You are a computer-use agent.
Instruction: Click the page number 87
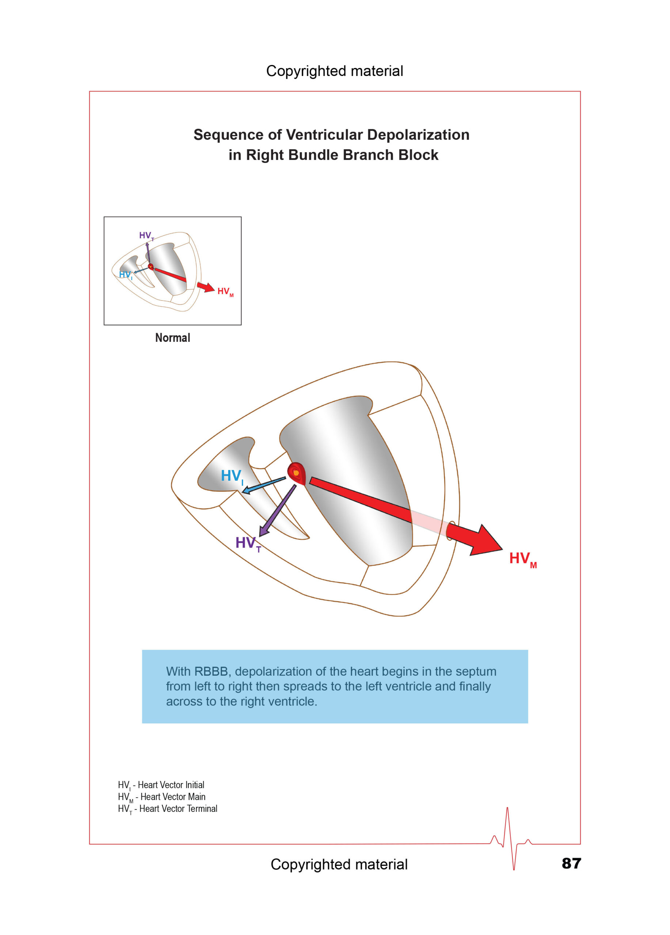(571, 863)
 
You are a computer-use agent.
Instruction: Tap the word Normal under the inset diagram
(172, 337)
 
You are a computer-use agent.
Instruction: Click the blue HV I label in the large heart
(232, 477)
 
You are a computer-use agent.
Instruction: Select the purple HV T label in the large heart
(248, 544)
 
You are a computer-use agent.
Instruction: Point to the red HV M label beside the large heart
(523, 560)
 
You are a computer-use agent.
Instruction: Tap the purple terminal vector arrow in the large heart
(277, 510)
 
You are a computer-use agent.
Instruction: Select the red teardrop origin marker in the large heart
(296, 474)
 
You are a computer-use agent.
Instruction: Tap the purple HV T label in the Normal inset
(146, 236)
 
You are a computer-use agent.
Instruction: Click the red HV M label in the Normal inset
(225, 291)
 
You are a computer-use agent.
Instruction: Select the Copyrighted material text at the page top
(335, 71)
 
